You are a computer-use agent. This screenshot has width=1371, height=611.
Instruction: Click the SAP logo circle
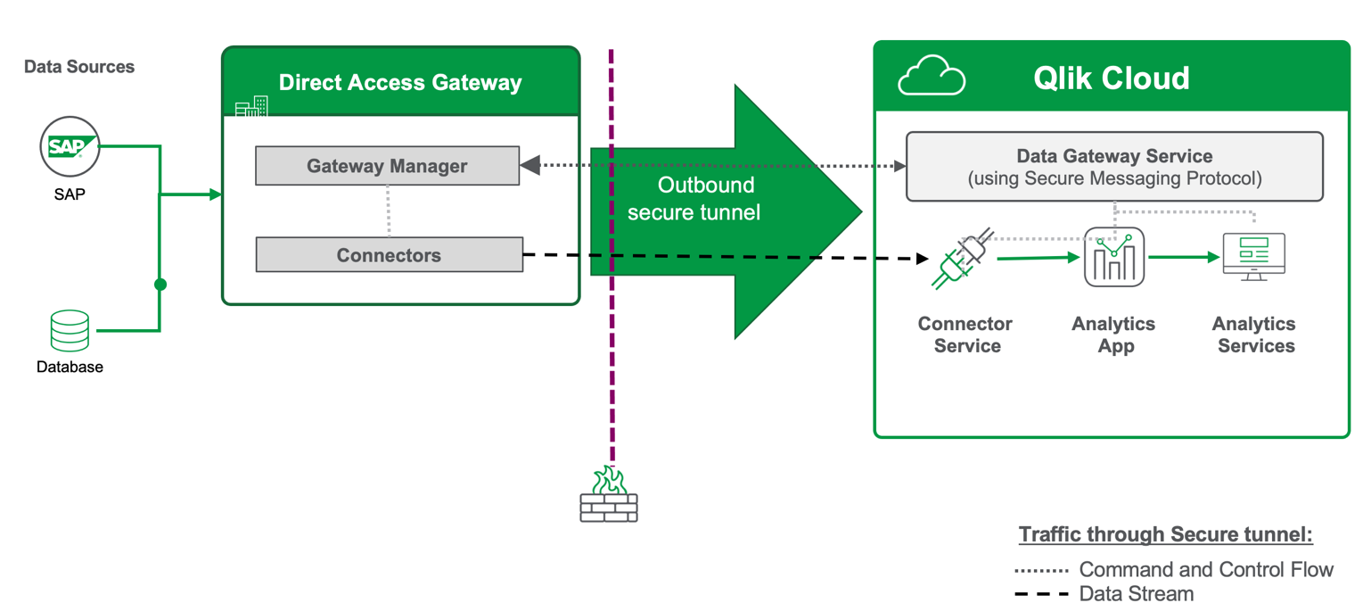[70, 148]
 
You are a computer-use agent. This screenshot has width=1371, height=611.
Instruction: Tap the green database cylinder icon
[70, 330]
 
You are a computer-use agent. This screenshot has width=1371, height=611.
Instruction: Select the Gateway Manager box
[387, 166]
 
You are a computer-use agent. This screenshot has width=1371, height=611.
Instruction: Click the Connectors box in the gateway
[389, 255]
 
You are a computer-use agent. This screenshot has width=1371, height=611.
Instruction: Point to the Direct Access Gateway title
[400, 83]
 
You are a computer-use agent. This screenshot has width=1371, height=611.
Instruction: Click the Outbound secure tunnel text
[694, 199]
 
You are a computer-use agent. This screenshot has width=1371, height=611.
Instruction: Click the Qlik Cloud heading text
[1111, 78]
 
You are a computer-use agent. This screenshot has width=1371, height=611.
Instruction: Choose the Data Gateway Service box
[1114, 167]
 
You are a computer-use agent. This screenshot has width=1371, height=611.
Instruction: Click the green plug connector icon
[961, 260]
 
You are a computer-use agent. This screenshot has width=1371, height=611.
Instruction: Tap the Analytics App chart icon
[1114, 258]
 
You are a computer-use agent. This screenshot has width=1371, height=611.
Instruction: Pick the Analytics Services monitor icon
[1253, 257]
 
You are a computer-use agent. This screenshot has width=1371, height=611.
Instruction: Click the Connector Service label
[965, 334]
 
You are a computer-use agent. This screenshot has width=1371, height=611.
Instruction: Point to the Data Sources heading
[79, 67]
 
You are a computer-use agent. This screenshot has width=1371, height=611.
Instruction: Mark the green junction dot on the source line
[160, 285]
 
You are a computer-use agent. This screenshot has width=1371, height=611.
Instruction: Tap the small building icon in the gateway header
[251, 107]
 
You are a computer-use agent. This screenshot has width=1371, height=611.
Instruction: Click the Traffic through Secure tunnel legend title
[1165, 535]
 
